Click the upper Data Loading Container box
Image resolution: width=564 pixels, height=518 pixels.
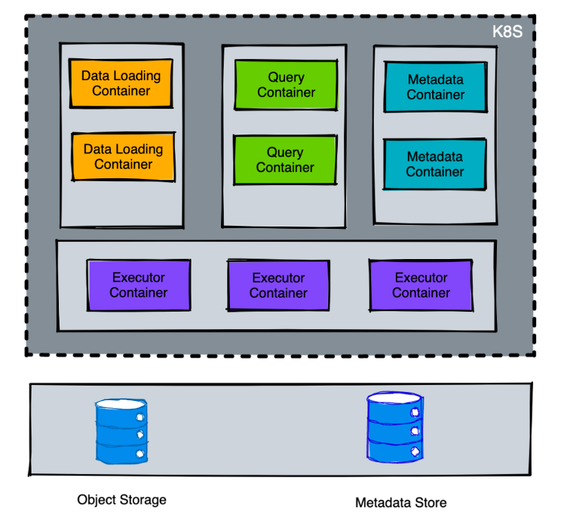[x=121, y=83]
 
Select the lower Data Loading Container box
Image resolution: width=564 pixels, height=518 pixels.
[x=123, y=156]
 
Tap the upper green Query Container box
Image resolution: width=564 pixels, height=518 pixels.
[x=286, y=85]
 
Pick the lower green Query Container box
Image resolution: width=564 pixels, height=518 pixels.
[x=285, y=159]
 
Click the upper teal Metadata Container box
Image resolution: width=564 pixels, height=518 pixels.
[x=435, y=87]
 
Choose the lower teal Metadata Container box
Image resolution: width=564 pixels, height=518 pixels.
[x=435, y=164]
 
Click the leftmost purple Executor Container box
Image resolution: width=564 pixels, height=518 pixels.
[x=138, y=285]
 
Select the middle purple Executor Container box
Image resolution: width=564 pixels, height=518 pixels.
[x=278, y=285]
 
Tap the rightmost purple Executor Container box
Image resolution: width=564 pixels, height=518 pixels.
[x=421, y=285]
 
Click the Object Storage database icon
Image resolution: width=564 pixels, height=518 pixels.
[x=121, y=431]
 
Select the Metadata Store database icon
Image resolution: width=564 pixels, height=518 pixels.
[x=394, y=427]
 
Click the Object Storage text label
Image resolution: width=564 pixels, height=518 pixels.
[x=121, y=500]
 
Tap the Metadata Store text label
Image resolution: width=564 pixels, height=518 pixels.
[x=400, y=502]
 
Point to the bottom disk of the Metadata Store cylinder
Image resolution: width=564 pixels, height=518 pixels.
[x=394, y=450]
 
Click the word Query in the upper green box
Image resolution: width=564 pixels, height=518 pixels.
[x=287, y=77]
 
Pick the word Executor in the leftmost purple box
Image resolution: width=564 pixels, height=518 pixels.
[x=138, y=277]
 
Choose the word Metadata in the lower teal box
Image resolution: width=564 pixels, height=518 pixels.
[x=435, y=156]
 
